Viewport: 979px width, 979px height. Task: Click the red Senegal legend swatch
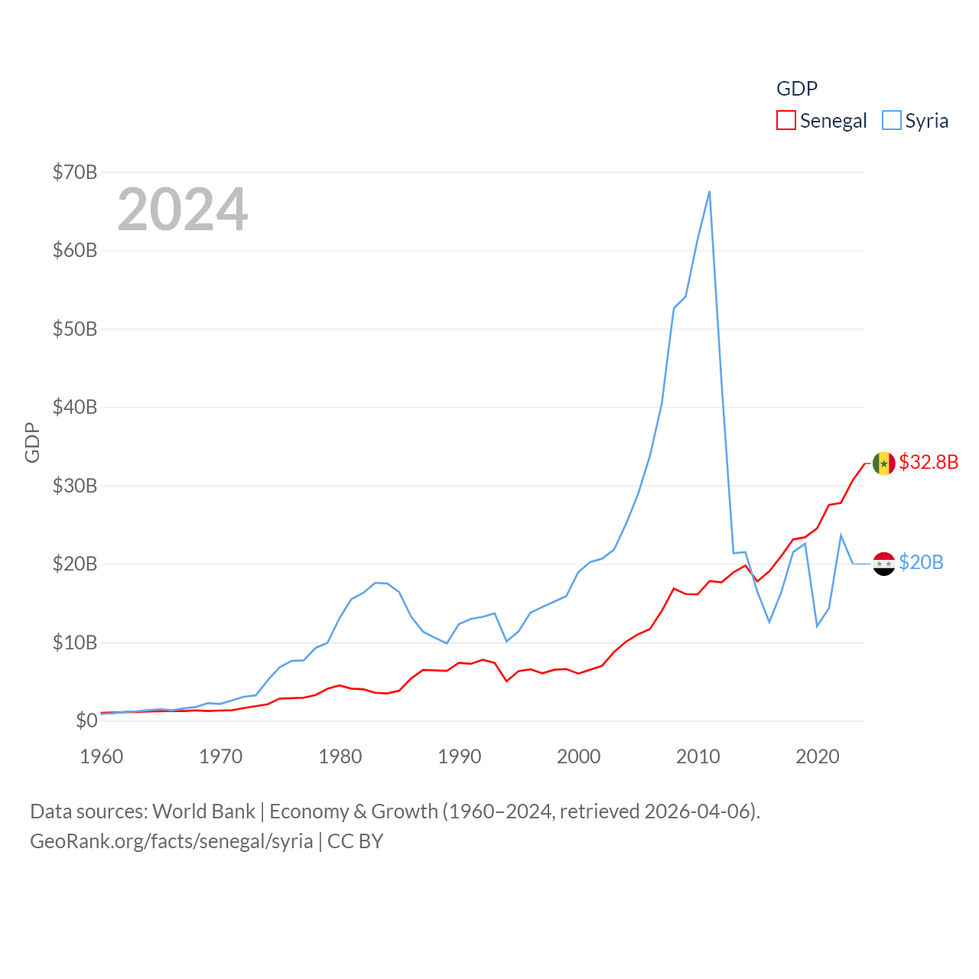click(786, 120)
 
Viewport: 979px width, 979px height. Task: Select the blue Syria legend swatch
click(892, 120)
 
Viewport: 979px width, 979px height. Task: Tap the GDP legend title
click(796, 89)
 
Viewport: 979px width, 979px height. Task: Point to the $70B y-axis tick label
click(75, 172)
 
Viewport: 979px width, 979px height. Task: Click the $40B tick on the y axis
click(75, 407)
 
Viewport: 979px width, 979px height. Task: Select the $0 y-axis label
click(86, 720)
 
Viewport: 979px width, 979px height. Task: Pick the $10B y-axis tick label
click(75, 642)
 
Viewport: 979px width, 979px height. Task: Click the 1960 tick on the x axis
click(102, 756)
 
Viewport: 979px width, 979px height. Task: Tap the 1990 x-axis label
click(460, 756)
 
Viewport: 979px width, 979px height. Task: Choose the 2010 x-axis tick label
click(698, 756)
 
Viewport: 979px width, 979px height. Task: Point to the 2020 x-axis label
click(818, 756)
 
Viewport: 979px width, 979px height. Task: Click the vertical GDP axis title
click(32, 442)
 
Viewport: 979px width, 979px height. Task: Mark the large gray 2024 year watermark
click(183, 210)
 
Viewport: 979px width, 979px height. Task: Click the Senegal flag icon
click(884, 463)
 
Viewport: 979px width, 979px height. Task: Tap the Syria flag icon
click(884, 564)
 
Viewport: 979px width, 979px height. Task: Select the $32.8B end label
click(929, 462)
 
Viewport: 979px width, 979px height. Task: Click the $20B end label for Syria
click(921, 563)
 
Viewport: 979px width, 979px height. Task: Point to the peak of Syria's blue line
click(710, 192)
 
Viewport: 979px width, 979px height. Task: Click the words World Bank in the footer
click(203, 811)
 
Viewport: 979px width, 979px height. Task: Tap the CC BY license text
click(355, 841)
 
